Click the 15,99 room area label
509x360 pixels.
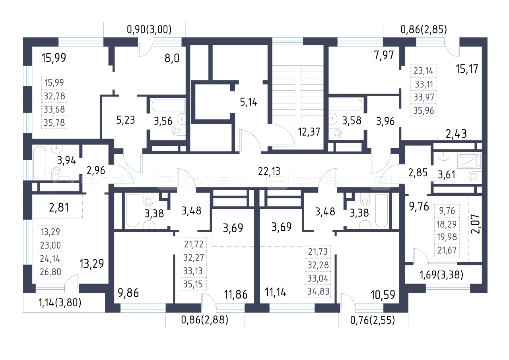[x=54, y=58]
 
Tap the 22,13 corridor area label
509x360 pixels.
[x=269, y=171]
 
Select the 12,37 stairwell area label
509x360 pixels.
[x=309, y=132]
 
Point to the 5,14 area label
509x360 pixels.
[x=249, y=102]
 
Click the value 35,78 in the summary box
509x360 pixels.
[x=54, y=123]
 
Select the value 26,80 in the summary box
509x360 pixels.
[x=51, y=272]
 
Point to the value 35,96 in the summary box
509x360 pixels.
[x=424, y=111]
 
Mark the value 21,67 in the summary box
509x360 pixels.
[x=447, y=250]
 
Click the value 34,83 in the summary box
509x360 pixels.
[x=318, y=291]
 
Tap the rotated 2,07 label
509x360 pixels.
[x=475, y=224]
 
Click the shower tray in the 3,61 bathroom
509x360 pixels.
[x=469, y=161]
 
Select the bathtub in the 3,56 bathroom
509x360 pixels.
[x=168, y=105]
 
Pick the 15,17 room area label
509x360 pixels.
[x=467, y=69]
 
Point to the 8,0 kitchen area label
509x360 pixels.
[x=172, y=58]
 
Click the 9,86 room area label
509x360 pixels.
[x=128, y=293]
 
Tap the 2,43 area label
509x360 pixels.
[x=456, y=134]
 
